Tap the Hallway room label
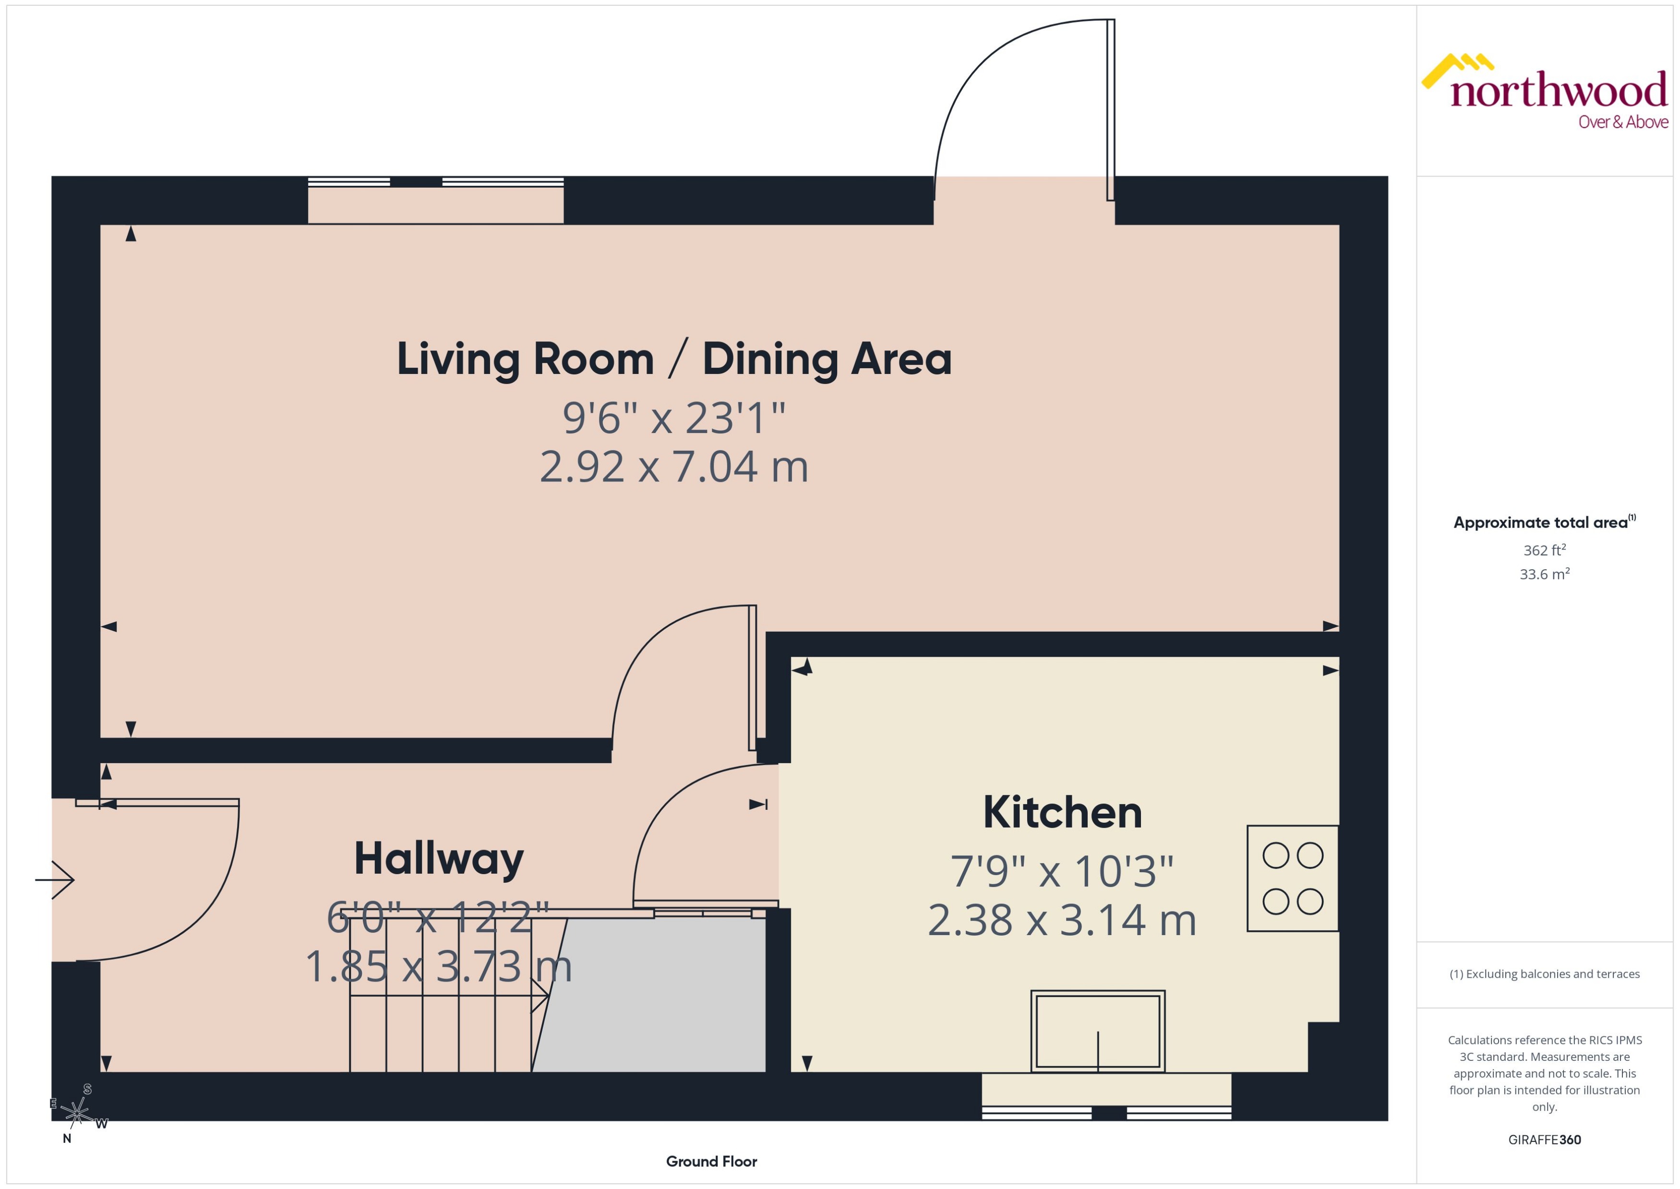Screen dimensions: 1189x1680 [x=439, y=859]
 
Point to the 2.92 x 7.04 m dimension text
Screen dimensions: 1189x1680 [x=673, y=467]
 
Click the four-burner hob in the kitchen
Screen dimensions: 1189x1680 [x=1292, y=878]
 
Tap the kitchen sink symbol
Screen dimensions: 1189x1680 [x=1097, y=1031]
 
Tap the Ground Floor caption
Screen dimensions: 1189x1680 [x=711, y=1161]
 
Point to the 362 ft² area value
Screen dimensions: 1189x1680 [x=1544, y=550]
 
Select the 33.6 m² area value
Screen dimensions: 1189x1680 [x=1544, y=574]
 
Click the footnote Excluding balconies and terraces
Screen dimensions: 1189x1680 [x=1544, y=974]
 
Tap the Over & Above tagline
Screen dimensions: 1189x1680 [x=1623, y=122]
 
